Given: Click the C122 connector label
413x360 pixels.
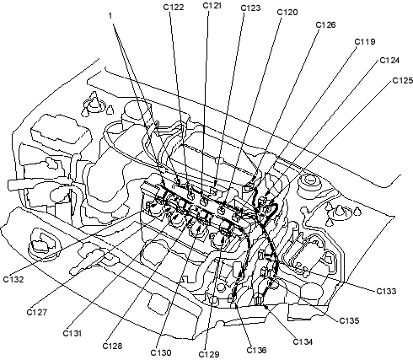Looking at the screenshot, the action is [x=174, y=8].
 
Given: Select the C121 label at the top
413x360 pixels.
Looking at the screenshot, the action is [x=212, y=6].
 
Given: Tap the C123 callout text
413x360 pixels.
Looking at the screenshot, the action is [x=250, y=8].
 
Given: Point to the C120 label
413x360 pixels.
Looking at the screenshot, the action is [x=287, y=13].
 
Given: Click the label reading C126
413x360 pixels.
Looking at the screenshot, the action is [x=325, y=25].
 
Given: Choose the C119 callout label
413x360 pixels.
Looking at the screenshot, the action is [x=365, y=42].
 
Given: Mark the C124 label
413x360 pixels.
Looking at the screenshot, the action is [x=389, y=61].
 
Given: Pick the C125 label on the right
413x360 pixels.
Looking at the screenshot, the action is [x=403, y=81].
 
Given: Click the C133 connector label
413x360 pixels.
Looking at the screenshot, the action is [x=386, y=291].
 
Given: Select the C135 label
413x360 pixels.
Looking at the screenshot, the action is [x=349, y=320].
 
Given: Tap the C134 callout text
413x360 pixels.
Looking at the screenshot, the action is [x=303, y=341].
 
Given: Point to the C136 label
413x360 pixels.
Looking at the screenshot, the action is [x=256, y=350].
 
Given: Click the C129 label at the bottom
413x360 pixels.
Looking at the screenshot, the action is [x=209, y=354].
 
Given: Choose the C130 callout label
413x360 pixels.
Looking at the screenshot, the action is [x=161, y=352].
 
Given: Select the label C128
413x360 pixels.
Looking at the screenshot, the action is [x=112, y=346].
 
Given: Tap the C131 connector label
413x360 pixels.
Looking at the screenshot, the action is [x=72, y=333].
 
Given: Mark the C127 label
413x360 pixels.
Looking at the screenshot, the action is [x=37, y=312].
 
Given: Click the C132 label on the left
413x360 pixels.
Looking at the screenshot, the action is [x=13, y=279].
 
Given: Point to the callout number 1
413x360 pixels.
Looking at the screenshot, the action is [x=110, y=16].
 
